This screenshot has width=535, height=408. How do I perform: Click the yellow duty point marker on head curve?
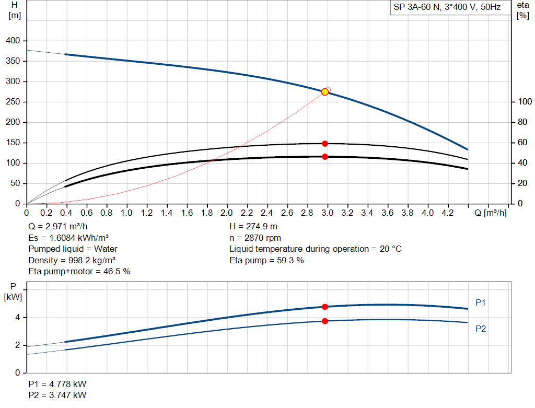point(325,92)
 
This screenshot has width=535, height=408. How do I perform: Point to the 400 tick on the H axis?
point(13,41)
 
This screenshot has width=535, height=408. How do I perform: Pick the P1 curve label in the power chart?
point(481,302)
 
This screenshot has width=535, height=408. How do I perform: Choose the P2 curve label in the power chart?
point(481,329)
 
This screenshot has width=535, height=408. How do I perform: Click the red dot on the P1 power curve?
point(325,307)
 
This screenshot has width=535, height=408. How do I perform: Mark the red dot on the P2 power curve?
point(325,321)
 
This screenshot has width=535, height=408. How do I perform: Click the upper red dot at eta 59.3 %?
point(325,143)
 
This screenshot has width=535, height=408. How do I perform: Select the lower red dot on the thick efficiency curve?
point(325,156)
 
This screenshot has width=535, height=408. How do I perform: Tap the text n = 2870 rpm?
point(255,238)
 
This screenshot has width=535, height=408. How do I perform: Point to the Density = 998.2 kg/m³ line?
point(72,260)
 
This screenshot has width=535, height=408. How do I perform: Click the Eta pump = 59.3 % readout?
point(266,260)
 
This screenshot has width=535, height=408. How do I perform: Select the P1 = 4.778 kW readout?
point(57,384)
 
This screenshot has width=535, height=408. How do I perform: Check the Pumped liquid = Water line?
point(73,249)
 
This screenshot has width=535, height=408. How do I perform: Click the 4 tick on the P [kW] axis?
point(17,318)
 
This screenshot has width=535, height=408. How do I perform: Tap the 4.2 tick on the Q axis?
point(448,213)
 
